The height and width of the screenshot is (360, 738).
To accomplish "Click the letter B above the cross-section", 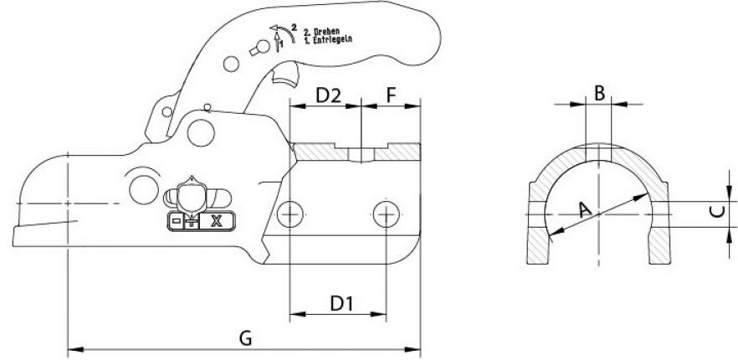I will [599, 92].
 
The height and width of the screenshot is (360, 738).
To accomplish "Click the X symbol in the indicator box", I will [217, 222].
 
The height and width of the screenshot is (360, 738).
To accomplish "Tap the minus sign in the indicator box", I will [177, 222].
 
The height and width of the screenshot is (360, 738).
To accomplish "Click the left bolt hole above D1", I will [290, 213].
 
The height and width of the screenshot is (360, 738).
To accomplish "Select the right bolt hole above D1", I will [385, 213].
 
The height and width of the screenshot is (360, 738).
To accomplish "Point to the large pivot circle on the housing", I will [199, 131].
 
